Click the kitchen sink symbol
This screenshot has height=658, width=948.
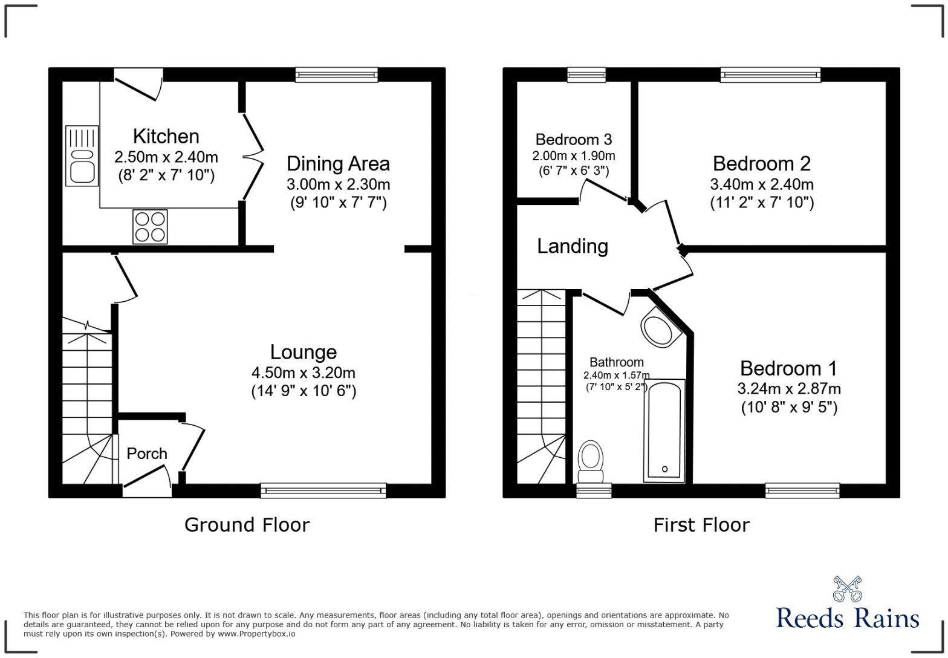tap(82, 155)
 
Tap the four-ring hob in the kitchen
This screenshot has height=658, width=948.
tap(150, 226)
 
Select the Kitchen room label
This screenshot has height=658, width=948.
tap(166, 137)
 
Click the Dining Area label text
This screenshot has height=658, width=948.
tap(338, 164)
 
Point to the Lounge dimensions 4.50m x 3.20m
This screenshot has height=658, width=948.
tap(304, 373)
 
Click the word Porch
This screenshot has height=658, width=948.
tap(147, 454)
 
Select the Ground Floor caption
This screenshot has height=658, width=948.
tap(247, 524)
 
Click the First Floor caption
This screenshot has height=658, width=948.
tap(701, 524)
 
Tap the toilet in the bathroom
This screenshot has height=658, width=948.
tap(590, 460)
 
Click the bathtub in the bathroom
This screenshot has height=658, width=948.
tap(664, 431)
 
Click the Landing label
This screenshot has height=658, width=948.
tap(573, 246)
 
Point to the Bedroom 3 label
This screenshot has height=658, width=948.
tap(574, 140)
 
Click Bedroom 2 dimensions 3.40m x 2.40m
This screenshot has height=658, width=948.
tap(762, 184)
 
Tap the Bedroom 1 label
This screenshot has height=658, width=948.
tap(788, 368)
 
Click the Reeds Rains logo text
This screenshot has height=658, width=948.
tap(848, 618)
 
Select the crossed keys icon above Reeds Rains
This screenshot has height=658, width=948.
tap(848, 588)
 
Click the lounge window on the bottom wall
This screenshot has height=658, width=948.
tap(323, 490)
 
